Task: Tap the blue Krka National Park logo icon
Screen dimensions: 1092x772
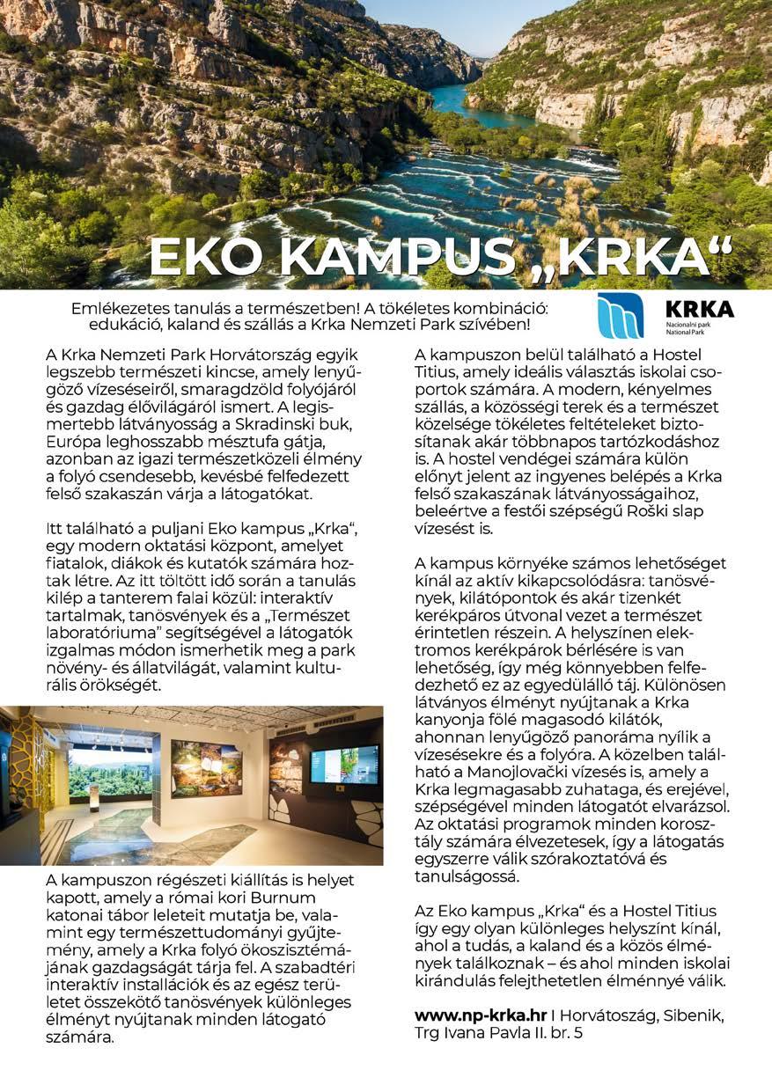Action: click(621, 316)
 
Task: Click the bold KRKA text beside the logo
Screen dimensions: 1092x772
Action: click(700, 309)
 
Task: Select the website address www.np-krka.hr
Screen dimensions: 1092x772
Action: click(481, 1015)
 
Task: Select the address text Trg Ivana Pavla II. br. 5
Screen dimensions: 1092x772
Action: click(498, 1033)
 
